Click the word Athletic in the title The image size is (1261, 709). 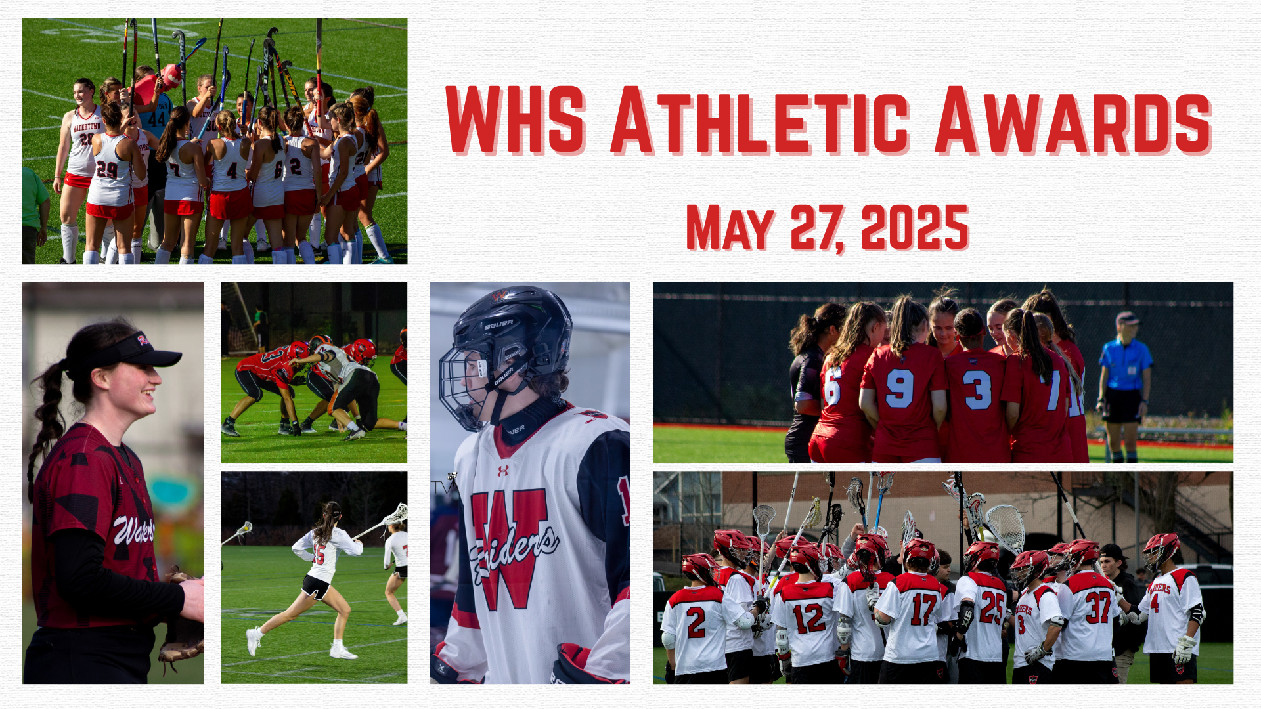(x=760, y=120)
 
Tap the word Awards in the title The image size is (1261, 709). (x=1073, y=120)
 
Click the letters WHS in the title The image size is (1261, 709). (x=516, y=120)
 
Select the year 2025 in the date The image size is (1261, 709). (x=915, y=228)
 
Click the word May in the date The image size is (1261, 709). (x=730, y=228)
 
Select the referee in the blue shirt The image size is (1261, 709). (x=1124, y=387)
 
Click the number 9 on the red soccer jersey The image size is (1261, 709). (x=899, y=388)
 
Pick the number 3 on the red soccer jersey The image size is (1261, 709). (x=977, y=390)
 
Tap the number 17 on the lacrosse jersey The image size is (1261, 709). (x=923, y=609)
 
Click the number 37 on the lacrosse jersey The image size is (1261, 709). (x=1097, y=607)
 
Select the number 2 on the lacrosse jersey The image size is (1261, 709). (x=696, y=622)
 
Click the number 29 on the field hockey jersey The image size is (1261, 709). (x=106, y=170)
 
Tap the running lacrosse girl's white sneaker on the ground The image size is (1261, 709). (x=343, y=652)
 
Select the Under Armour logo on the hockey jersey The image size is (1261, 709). (x=503, y=471)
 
